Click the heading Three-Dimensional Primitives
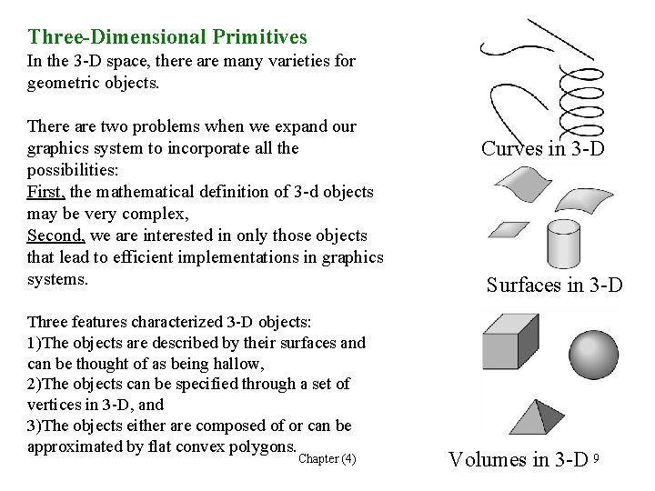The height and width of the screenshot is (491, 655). coord(167,37)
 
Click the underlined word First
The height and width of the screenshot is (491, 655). coord(45,191)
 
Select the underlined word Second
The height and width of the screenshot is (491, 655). coord(55,235)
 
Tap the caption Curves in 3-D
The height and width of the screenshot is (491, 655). coord(542,148)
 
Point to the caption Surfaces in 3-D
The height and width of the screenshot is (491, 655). coord(554,286)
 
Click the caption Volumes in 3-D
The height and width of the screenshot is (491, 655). coord(518,459)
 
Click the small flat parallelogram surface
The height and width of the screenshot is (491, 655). coord(509,229)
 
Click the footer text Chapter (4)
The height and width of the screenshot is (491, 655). coord(327,458)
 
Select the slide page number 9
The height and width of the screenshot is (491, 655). coord(596,456)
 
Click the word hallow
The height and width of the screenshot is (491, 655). coord(236,364)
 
